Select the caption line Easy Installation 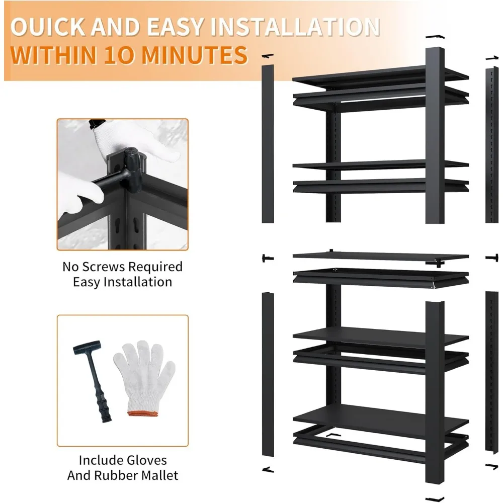click(x=122, y=282)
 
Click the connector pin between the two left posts click(x=267, y=258)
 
